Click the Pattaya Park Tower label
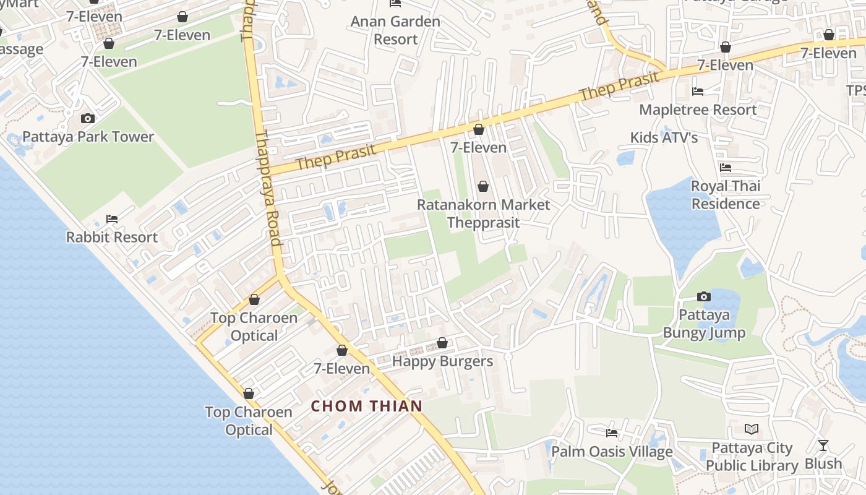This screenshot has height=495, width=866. [x=88, y=137]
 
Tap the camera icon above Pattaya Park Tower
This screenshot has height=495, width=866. [x=88, y=118]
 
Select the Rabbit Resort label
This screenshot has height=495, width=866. [x=112, y=237]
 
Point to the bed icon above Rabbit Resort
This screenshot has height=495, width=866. [x=112, y=219]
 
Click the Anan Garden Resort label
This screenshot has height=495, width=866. [x=395, y=30]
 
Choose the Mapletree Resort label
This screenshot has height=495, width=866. [x=698, y=110]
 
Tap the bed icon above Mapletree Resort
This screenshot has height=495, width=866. [x=698, y=92]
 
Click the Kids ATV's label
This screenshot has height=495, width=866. [x=664, y=137]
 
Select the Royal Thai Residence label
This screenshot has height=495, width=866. [x=726, y=195]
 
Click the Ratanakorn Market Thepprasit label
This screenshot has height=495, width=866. [x=483, y=213]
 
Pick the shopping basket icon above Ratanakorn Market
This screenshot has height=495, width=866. [x=483, y=186]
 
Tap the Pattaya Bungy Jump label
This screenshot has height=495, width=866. [x=704, y=324]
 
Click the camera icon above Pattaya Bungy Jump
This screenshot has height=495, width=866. [x=704, y=297]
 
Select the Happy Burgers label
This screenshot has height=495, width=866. [x=442, y=361]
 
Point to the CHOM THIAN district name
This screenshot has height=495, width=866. [x=367, y=407]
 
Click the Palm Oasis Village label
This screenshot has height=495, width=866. [x=612, y=452]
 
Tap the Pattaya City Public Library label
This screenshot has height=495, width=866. [x=752, y=457]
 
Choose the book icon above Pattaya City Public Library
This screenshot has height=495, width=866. [x=752, y=429]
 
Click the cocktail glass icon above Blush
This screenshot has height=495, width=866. [x=823, y=445]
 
